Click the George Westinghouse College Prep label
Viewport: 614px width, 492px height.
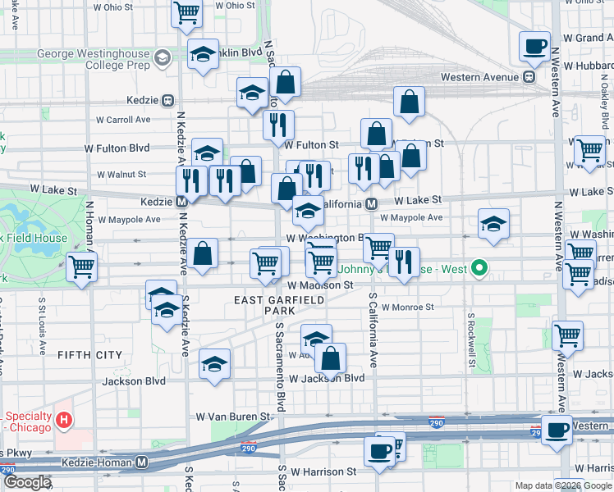[94, 56]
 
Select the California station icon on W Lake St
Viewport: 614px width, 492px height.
[371, 203]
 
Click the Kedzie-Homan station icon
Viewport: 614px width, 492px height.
[142, 462]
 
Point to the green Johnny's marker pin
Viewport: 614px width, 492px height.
[482, 267]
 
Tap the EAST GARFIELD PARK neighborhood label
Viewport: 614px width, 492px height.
[276, 305]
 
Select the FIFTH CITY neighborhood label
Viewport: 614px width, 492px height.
[90, 355]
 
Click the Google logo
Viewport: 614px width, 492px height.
[27, 482]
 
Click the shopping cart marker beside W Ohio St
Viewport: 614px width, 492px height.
[187, 13]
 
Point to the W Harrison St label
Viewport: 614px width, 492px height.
[319, 472]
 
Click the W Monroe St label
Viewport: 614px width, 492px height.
[406, 307]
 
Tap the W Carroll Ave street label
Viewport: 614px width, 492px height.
[123, 119]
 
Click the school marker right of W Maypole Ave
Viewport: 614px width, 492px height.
[493, 224]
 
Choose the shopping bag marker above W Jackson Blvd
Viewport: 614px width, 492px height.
[330, 358]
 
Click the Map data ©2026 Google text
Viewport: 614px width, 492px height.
[563, 485]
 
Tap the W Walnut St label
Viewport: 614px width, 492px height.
[121, 175]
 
